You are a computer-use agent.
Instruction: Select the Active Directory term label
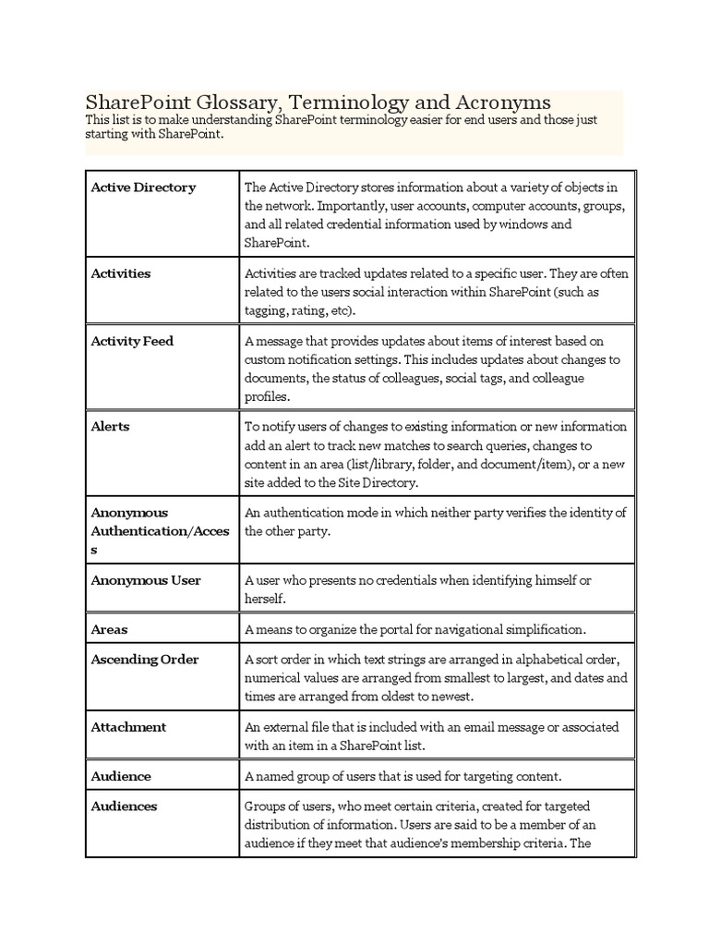click(x=143, y=188)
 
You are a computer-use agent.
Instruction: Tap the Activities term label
click(x=121, y=273)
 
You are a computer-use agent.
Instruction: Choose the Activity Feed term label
click(x=132, y=341)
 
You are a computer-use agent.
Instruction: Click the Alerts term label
click(x=110, y=427)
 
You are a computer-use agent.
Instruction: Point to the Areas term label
click(x=109, y=629)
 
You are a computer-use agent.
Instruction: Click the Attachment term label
click(x=128, y=727)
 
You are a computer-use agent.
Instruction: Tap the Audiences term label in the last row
click(x=124, y=806)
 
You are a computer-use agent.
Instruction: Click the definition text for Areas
click(x=415, y=629)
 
